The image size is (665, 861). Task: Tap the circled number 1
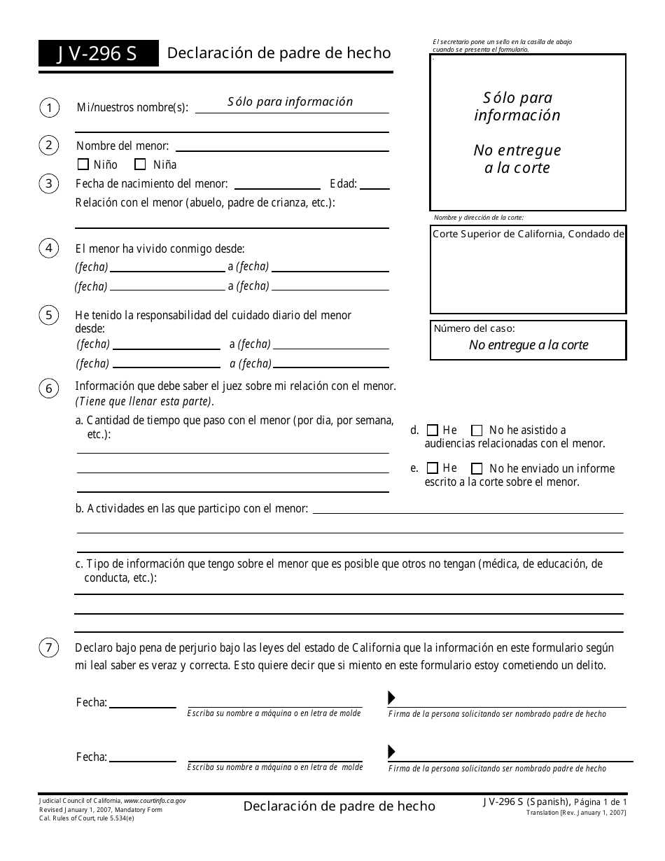[x=49, y=108]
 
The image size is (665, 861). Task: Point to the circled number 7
[x=49, y=648]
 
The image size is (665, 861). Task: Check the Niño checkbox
[x=83, y=165]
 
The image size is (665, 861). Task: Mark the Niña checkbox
[x=140, y=165]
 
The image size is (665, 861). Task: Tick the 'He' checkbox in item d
[x=433, y=430]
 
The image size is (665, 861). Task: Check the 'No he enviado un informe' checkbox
[x=477, y=468]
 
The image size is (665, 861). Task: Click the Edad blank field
[x=374, y=185]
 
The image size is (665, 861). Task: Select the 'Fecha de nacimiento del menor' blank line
[x=278, y=185]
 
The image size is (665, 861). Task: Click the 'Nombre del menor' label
[x=122, y=146]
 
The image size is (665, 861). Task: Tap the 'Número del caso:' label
[x=475, y=328]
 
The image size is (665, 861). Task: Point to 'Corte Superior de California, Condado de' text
[x=528, y=234]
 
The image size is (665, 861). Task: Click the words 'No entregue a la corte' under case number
[x=528, y=344]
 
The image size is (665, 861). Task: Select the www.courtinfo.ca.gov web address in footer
[x=155, y=800]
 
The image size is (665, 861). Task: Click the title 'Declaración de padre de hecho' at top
[x=279, y=53]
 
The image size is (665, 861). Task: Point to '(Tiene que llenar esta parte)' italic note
[x=144, y=401]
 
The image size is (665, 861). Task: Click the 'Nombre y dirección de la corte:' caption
[x=478, y=218]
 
